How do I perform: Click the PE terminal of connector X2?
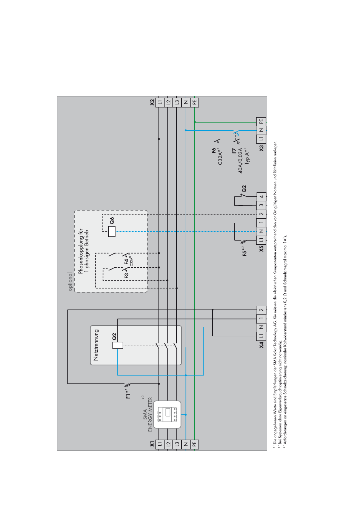pos(194,102)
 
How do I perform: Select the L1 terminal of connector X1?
pos(160,444)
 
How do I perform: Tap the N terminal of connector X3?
pos(261,130)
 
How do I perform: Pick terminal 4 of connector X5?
pos(261,196)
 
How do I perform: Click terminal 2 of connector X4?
pos(261,310)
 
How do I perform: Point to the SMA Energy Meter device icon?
pos(167,414)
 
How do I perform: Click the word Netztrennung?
pos(96,345)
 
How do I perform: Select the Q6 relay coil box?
pos(112,231)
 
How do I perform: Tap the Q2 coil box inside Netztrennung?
pos(118,345)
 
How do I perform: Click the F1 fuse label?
pos(128,394)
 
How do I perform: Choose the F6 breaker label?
pos(214,150)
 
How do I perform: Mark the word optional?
pos(70,281)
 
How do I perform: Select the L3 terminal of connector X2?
pos(177,102)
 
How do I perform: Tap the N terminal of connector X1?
pos(186,444)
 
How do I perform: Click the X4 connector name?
pos(261,345)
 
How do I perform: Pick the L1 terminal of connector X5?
pos(261,240)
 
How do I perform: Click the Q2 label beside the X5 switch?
pos(244,189)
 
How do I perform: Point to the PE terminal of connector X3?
pos(261,121)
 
